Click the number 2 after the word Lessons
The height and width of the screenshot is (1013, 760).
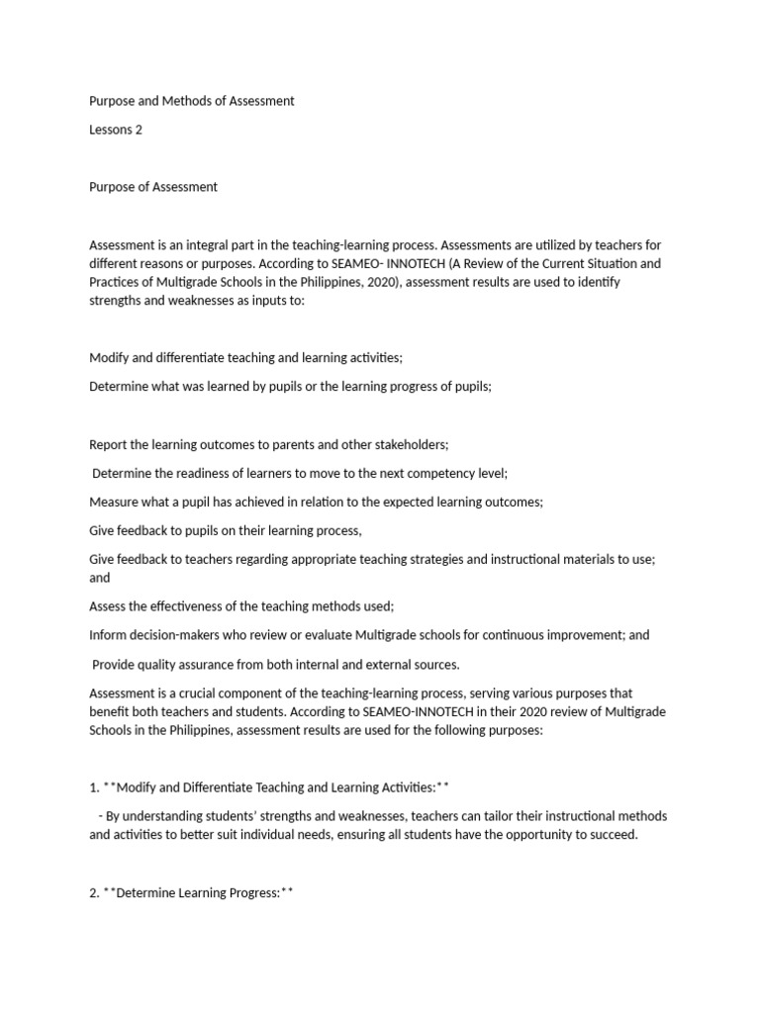coord(139,130)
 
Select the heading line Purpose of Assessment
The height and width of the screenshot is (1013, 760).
coord(153,186)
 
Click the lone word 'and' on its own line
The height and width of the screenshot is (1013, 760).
coord(100,578)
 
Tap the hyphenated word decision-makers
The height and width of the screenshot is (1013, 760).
coord(179,635)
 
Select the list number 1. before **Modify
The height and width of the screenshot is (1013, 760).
coord(94,787)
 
